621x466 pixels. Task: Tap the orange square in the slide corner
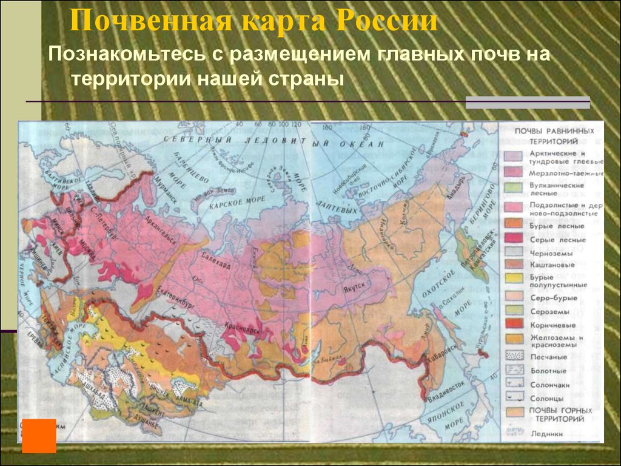[x=39, y=436]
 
